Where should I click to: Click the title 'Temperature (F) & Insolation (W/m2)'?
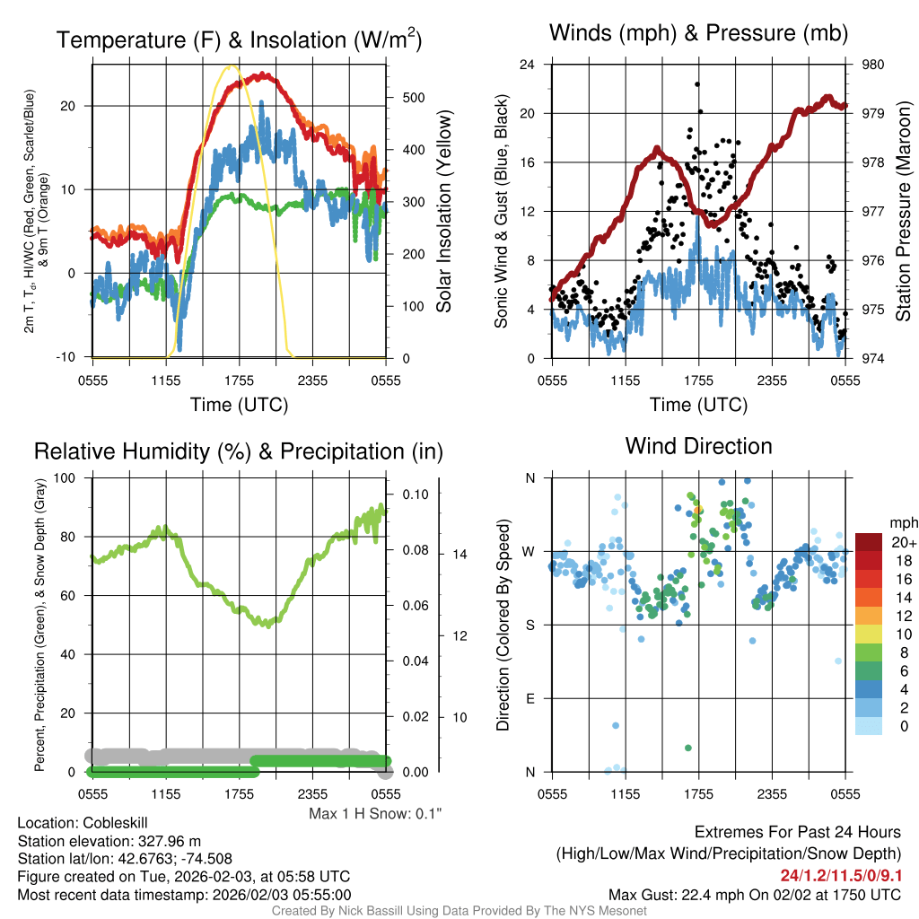point(239,40)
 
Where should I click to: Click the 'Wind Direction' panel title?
point(698,446)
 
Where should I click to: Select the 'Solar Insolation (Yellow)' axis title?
point(443,212)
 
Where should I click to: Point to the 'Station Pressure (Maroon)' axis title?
point(903,212)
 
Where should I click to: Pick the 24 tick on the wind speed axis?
point(528,65)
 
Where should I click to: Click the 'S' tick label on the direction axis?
point(530,625)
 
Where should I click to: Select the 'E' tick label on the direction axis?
point(530,698)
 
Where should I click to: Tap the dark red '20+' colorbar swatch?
point(870,543)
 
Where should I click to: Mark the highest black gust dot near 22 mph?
point(697,84)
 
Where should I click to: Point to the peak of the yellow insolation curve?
point(232,66)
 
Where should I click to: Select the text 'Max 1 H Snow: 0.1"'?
point(375,814)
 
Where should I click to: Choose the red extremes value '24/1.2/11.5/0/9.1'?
point(841,876)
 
